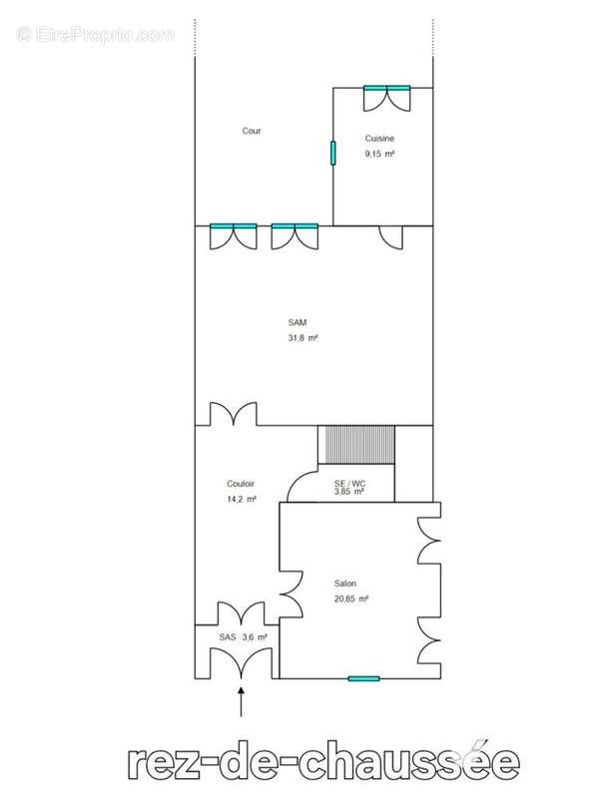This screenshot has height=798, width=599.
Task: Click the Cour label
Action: coord(252,131)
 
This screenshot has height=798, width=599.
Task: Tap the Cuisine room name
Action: coord(379,138)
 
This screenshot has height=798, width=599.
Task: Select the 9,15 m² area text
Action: coord(379,155)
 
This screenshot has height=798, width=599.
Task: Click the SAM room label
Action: coord(298,322)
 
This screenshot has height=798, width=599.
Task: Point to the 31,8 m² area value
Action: coord(300,339)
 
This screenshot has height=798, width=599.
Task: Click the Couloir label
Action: coord(242,483)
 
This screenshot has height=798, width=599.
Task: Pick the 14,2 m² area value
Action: coord(242,499)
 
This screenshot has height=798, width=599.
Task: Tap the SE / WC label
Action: coord(350,483)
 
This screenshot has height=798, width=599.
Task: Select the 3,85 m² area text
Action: coord(350,492)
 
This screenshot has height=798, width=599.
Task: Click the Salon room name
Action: coord(345,584)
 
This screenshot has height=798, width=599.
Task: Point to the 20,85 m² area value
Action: coord(350,599)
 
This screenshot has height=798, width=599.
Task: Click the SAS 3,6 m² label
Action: coord(243,636)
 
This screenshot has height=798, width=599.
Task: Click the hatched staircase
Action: coord(356,445)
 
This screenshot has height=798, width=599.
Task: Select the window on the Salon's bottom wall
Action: coord(363,678)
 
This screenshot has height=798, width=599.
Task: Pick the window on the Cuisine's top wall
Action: coord(386,88)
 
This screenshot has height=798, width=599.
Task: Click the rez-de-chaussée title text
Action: coord(323,763)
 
